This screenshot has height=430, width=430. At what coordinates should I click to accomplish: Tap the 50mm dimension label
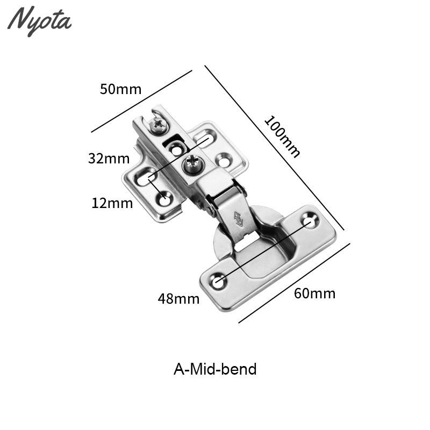pos(120,89)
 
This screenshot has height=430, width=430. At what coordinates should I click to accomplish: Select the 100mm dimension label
pos(282,137)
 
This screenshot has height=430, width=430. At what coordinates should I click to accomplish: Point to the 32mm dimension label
pos(109,159)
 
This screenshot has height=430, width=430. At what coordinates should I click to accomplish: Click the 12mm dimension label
pos(112,204)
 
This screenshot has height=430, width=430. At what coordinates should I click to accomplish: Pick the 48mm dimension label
pos(178,299)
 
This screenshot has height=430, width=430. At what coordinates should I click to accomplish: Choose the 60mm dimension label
pos(314,293)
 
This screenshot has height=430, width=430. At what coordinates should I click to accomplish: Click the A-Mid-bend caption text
pos(216,369)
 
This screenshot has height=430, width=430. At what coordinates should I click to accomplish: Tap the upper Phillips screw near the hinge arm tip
pos(159,126)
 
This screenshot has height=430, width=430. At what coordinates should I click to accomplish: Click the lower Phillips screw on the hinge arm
pos(193,164)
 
